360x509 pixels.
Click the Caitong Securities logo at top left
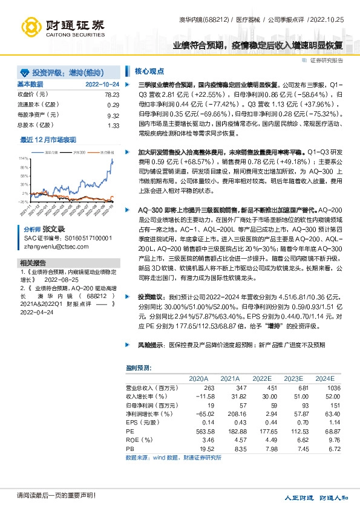62,25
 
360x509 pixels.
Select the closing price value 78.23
111,95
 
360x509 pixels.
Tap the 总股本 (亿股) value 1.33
113,125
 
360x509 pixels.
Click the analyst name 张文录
53,230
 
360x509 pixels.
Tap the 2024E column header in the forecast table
324,378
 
